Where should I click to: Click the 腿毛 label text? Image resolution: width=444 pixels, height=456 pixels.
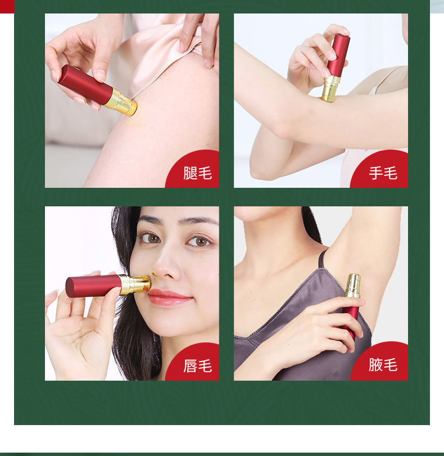click(x=197, y=173)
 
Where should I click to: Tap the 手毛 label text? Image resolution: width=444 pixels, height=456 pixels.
click(x=383, y=173)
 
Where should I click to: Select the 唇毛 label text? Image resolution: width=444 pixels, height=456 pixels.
click(x=197, y=366)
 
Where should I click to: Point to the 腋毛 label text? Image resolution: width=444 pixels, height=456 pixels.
click(x=383, y=365)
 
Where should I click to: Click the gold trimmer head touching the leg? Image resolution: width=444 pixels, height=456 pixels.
click(x=121, y=102)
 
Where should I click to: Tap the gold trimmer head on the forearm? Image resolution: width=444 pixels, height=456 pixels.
click(x=330, y=88)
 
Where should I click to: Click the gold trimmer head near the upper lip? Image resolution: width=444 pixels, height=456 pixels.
click(x=134, y=284)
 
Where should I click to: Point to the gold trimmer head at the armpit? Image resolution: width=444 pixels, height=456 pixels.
click(x=353, y=286)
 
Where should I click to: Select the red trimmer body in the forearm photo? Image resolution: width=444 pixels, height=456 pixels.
click(x=338, y=55)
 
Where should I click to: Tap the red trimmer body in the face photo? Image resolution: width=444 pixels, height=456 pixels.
click(x=93, y=286)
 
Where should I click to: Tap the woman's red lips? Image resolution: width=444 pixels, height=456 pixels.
click(x=170, y=297)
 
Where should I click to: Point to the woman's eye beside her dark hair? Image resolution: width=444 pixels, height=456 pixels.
click(x=150, y=238)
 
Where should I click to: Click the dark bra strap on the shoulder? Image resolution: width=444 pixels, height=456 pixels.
click(x=322, y=259)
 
